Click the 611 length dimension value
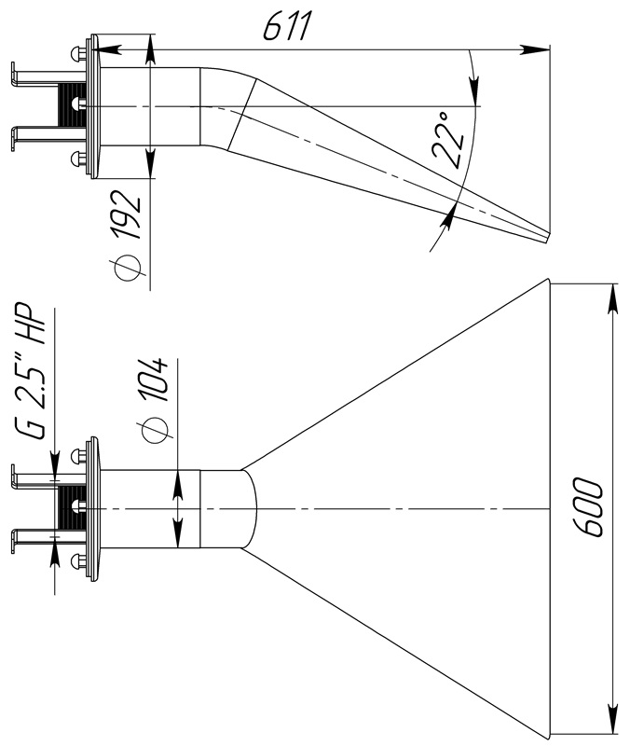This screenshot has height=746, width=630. (x=287, y=27)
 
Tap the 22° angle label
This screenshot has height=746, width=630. (x=448, y=141)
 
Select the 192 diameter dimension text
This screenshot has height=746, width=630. (x=127, y=215)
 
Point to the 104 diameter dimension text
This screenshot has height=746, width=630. (x=155, y=380)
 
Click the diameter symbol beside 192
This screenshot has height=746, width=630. (x=127, y=268)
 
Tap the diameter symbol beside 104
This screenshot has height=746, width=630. (x=153, y=430)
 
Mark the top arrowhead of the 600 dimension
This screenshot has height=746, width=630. (x=613, y=298)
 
